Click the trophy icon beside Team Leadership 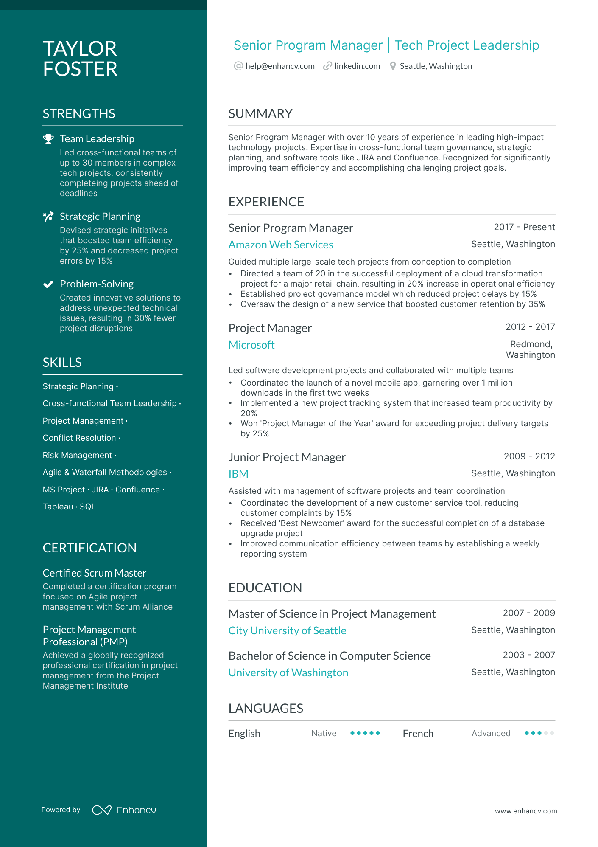pyautogui.click(x=48, y=139)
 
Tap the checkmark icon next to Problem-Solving pyautogui.click(x=48, y=284)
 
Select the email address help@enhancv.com pyautogui.click(x=280, y=66)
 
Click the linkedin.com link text pyautogui.click(x=357, y=66)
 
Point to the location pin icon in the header pyautogui.click(x=393, y=66)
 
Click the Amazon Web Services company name pyautogui.click(x=281, y=245)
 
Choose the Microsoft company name pyautogui.click(x=251, y=345)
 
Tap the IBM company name pyautogui.click(x=238, y=474)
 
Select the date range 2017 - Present pyautogui.click(x=524, y=227)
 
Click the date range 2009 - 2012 pyautogui.click(x=529, y=456)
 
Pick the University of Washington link pyautogui.click(x=288, y=673)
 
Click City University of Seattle pyautogui.click(x=288, y=631)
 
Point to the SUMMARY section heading pyautogui.click(x=260, y=114)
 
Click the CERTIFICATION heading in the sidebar pyautogui.click(x=89, y=548)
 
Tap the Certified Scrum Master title pyautogui.click(x=95, y=573)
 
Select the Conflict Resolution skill pyautogui.click(x=79, y=438)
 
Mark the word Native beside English pyautogui.click(x=324, y=733)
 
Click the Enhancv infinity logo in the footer pyautogui.click(x=102, y=810)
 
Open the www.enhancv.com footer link pyautogui.click(x=526, y=811)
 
